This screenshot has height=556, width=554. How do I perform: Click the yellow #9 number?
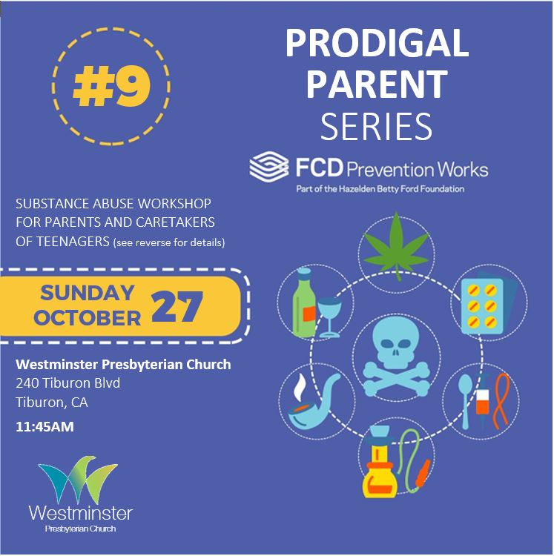click(111, 87)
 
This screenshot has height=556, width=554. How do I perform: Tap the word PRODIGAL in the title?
click(377, 43)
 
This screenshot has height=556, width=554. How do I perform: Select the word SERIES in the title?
click(376, 126)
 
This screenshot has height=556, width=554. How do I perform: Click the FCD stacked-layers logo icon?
click(268, 167)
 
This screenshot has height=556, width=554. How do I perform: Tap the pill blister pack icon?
click(487, 304)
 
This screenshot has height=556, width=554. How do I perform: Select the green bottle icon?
click(304, 302)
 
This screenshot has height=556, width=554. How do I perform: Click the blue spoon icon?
click(465, 400)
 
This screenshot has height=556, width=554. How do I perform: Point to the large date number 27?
click(177, 306)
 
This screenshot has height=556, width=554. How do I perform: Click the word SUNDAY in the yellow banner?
click(88, 293)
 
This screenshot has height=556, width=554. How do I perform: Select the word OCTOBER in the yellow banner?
click(88, 317)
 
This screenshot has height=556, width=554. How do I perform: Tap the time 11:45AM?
click(44, 426)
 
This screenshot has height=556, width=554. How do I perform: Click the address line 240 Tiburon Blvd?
click(67, 383)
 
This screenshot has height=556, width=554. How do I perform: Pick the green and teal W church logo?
click(79, 480)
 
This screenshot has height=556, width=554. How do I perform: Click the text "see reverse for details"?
click(168, 242)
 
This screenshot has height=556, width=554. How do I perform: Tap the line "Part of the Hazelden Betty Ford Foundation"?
click(380, 189)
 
